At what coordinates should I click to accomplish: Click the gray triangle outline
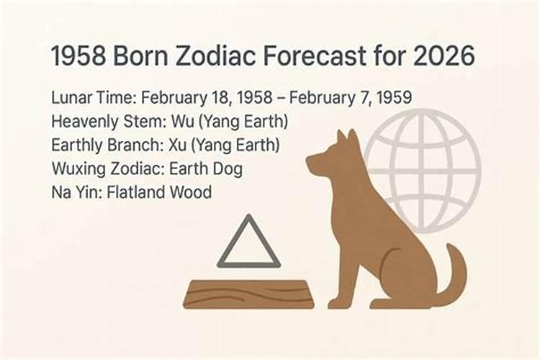(x=248, y=245)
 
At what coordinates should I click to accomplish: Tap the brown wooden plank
(x=248, y=294)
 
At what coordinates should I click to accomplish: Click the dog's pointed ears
(x=344, y=139)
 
